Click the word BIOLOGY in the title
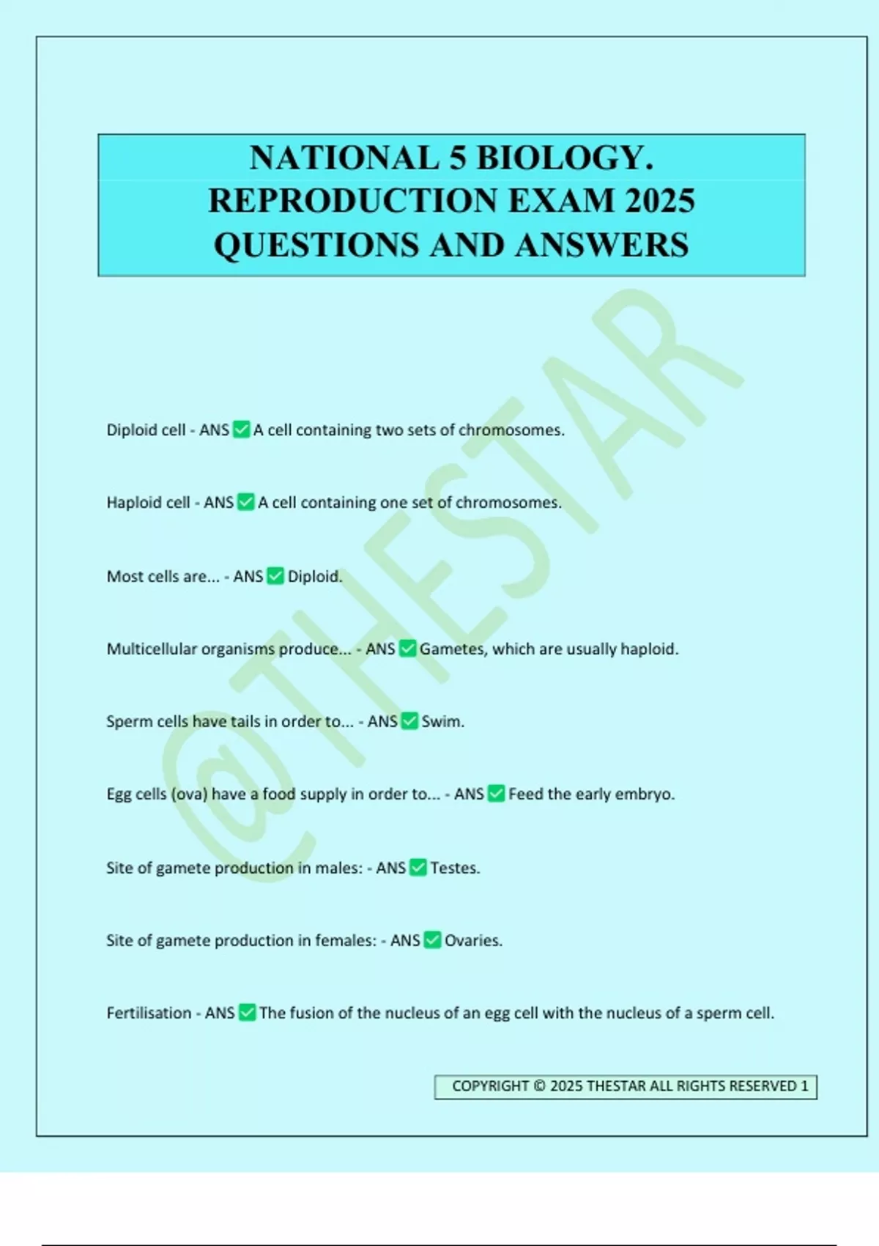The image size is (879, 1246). pos(564,158)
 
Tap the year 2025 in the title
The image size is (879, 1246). pos(659,201)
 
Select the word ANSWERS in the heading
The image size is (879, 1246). pos(601,245)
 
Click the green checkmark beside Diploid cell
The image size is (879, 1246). pos(242,430)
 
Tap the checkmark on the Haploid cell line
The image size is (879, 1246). pos(246,502)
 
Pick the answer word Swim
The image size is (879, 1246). pos(442,721)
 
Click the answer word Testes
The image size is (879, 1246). pos(455,868)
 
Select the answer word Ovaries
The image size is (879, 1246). pos(473,940)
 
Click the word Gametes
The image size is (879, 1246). pos(452,649)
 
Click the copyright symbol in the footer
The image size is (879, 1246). pos(539,1086)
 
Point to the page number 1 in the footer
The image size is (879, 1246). pos(804,1086)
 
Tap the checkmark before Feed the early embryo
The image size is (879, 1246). pos(497,794)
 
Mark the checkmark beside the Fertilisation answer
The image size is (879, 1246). pos(248,1013)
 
